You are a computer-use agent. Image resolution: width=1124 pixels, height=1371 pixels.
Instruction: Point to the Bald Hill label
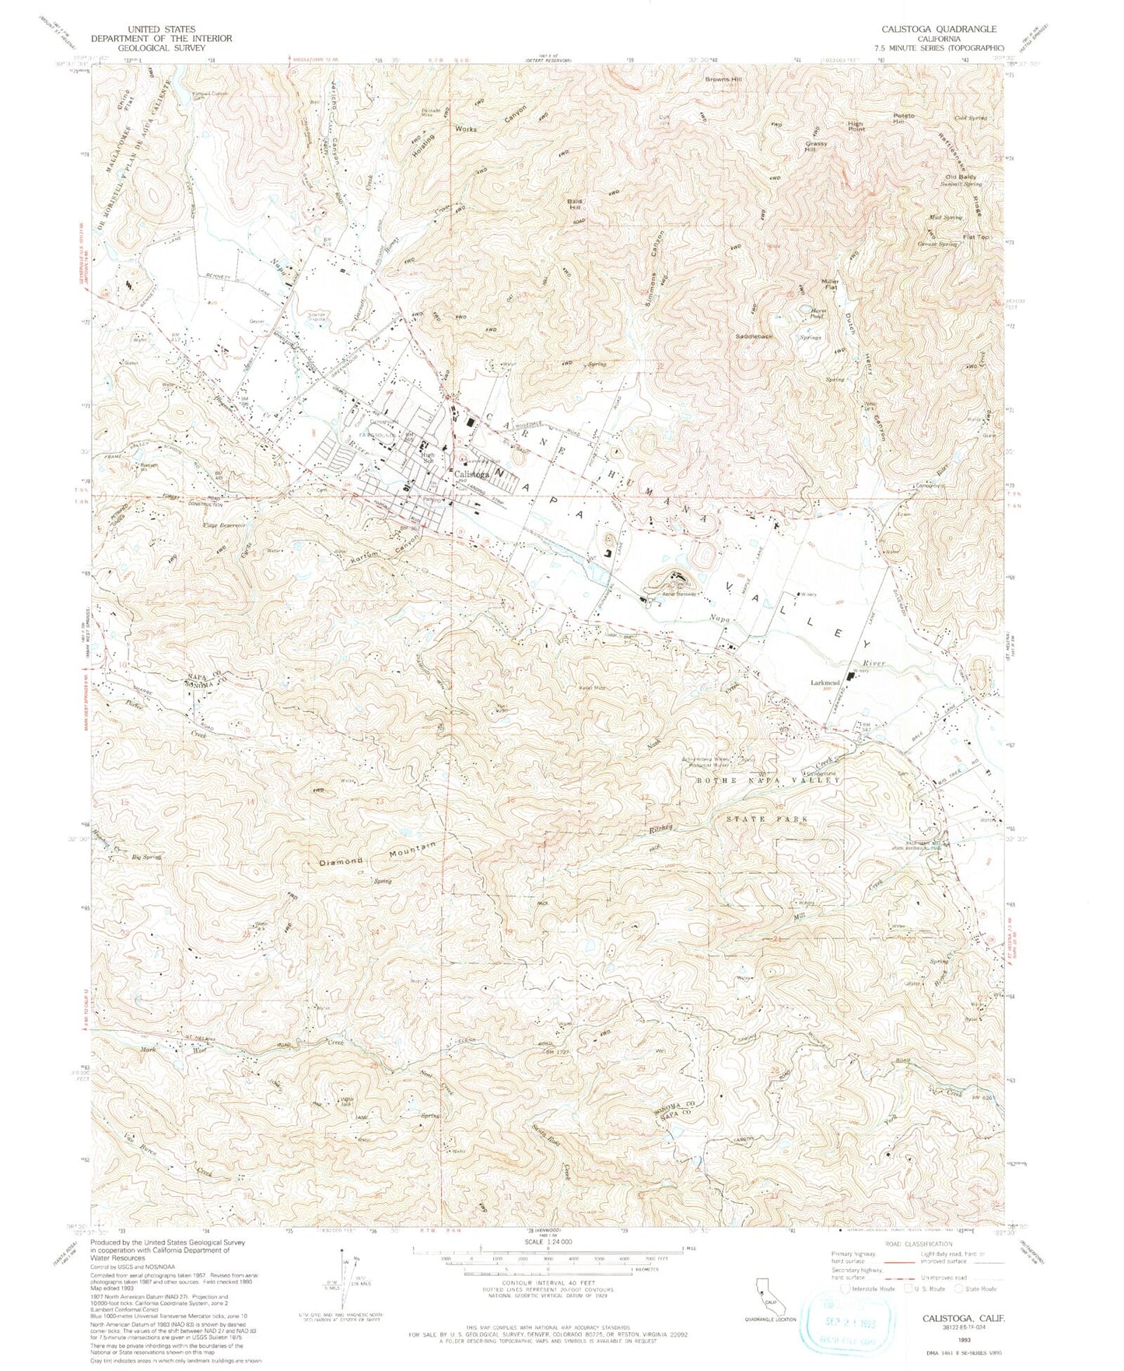pyautogui.click(x=575, y=205)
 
